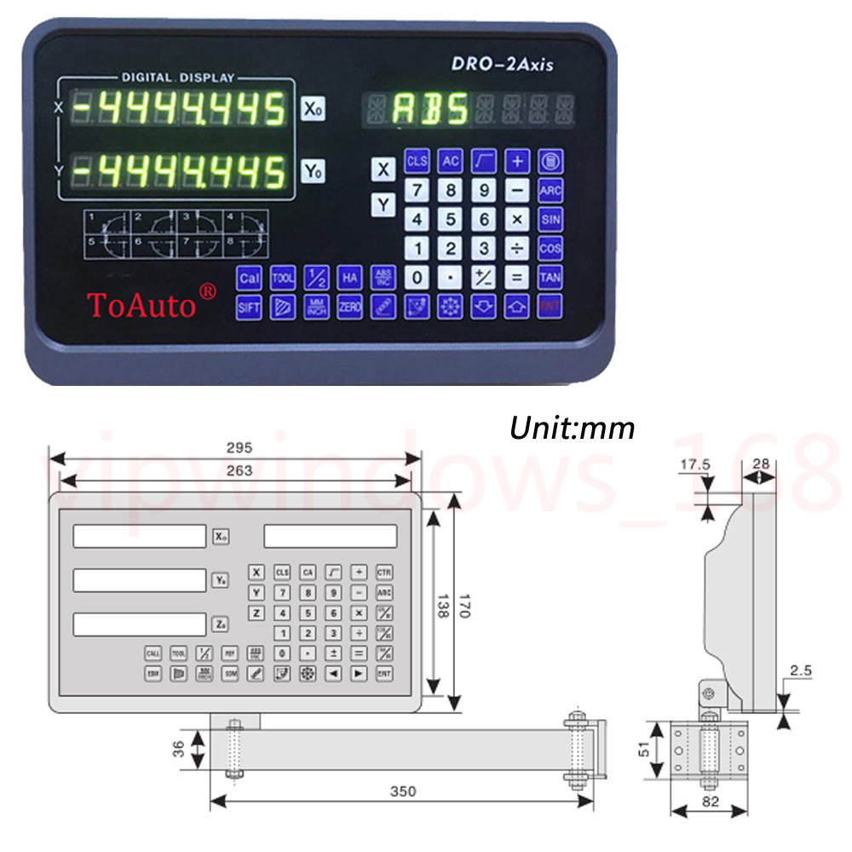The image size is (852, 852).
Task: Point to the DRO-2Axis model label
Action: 501,66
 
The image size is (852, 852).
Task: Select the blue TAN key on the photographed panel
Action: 550,277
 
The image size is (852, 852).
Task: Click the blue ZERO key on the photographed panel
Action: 349,308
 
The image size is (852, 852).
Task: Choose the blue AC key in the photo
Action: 450,160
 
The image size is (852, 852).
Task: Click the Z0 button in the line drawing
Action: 220,625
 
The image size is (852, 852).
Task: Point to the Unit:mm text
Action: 572,427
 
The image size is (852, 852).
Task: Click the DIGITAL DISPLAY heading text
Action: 178,78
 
